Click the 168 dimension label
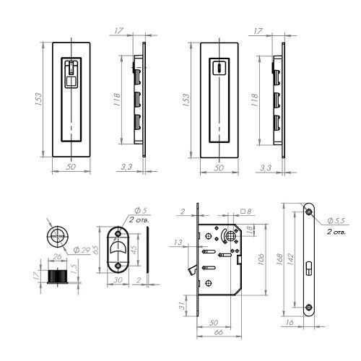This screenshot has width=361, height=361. point(279,259)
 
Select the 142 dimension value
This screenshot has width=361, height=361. point(291,259)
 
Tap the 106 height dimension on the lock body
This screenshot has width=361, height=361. point(261,259)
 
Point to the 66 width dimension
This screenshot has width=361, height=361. point(218,332)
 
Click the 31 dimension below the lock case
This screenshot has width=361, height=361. point(182,305)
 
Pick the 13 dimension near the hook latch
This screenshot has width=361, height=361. point(178,243)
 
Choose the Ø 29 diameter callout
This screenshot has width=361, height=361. point(82,251)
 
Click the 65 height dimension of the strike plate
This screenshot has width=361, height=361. point(95,251)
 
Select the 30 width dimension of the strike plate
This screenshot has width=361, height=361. point(118,280)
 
